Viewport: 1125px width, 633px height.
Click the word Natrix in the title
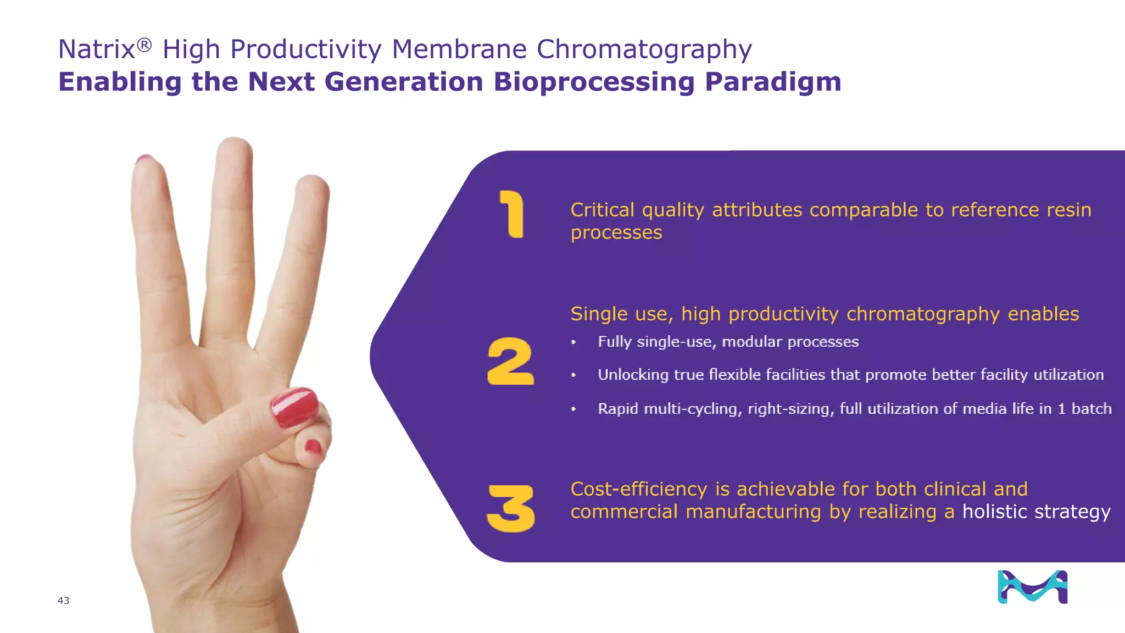pyautogui.click(x=97, y=49)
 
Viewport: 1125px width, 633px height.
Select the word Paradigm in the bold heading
pyautogui.click(x=773, y=82)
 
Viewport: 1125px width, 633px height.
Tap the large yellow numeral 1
pyautogui.click(x=512, y=214)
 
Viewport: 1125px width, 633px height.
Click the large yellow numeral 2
pyautogui.click(x=510, y=361)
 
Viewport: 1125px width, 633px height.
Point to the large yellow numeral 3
pyautogui.click(x=511, y=508)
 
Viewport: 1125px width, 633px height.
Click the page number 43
pyautogui.click(x=63, y=601)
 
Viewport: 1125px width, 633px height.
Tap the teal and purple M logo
pyautogui.click(x=1032, y=587)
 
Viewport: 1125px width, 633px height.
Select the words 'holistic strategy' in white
pyautogui.click(x=1036, y=512)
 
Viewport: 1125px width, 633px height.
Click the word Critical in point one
pyautogui.click(x=602, y=210)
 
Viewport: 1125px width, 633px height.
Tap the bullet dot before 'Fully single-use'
pyautogui.click(x=573, y=342)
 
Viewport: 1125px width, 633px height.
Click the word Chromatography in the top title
pyautogui.click(x=644, y=49)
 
